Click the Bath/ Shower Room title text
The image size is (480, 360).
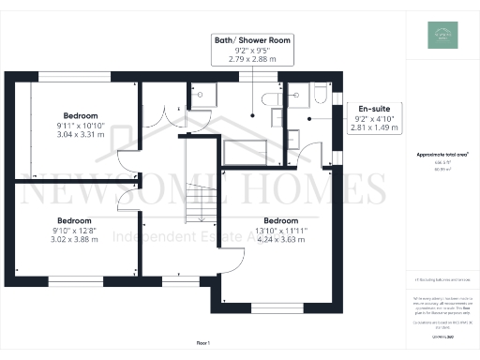[253, 41]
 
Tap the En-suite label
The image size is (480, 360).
[361, 108]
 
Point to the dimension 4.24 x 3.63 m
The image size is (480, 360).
[281, 238]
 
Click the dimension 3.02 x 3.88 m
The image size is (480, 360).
[77, 238]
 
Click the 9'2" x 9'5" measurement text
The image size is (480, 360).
[253, 52]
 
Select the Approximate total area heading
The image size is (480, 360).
[442, 154]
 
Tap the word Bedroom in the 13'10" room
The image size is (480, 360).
[281, 219]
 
